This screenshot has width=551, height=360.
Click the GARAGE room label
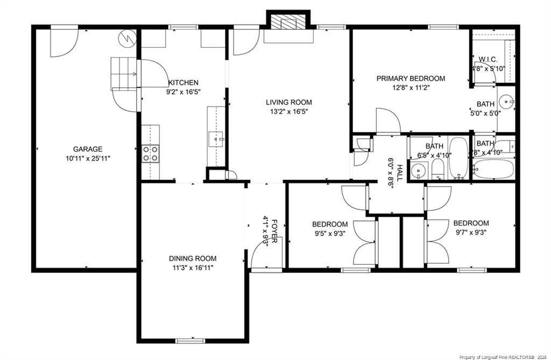coord(88,149)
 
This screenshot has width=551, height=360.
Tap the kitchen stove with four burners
coord(151,153)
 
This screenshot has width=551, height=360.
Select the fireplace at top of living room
coord(289,23)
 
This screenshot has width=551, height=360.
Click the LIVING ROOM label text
coord(289,102)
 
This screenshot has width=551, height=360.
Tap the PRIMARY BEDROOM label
coord(411,79)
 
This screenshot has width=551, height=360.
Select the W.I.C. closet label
coord(489,59)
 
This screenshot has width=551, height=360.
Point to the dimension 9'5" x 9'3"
coord(329,234)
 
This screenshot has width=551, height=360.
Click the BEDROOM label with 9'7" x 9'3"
coord(471,223)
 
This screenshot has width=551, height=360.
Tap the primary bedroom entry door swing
coord(387,121)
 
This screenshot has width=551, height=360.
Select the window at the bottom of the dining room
coord(190,340)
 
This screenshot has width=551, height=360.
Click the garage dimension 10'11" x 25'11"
coord(88,158)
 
